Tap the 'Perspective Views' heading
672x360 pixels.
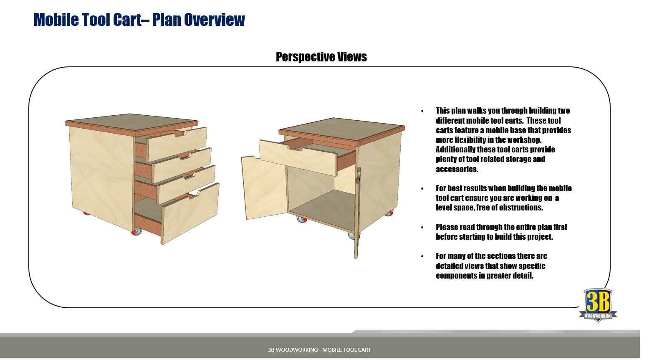[x=321, y=57]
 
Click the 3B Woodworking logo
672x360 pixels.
[x=598, y=305]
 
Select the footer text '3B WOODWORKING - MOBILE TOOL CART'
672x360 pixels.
[x=319, y=350]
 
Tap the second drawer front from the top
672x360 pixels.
[x=183, y=165]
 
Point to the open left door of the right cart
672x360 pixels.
[x=263, y=188]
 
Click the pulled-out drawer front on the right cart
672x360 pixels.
[x=297, y=157]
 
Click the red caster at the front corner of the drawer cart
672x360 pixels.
[x=136, y=232]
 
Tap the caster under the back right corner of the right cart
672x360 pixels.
[x=389, y=213]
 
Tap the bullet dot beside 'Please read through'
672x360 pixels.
[x=422, y=228]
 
